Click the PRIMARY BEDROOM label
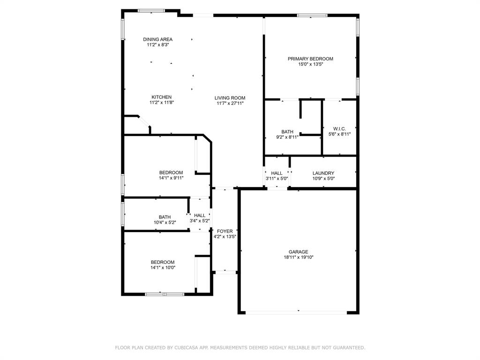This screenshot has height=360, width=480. point(310,59)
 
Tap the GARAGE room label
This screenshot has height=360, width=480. point(298,252)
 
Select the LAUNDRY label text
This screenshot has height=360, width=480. point(323,173)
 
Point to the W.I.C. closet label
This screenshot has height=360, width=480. point(339,128)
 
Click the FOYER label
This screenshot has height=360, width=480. point(225,231)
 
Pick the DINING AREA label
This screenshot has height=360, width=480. point(157,39)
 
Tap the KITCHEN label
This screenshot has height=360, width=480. point(161,97)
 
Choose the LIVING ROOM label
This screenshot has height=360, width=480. point(230,98)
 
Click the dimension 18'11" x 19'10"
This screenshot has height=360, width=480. point(298,257)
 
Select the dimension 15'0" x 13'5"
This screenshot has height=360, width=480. point(310,64)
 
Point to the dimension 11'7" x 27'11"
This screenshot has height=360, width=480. point(230,104)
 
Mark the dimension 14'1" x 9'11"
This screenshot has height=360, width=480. point(171,178)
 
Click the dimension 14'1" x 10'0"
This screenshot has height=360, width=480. point(163,268)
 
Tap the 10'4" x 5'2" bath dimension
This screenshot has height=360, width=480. point(165,223)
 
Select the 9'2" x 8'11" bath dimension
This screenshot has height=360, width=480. point(287,137)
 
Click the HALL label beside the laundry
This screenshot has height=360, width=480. point(277,173)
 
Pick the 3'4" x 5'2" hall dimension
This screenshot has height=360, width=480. point(199,221)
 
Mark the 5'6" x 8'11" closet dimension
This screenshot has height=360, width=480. point(339,134)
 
